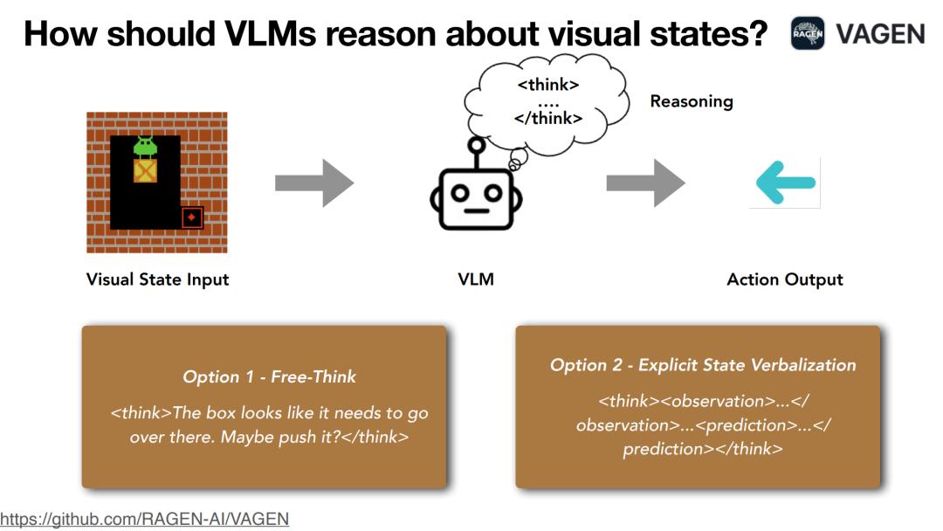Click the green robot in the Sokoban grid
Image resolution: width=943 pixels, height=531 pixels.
pyautogui.click(x=145, y=148)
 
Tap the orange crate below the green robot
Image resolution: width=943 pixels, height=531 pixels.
pyautogui.click(x=145, y=171)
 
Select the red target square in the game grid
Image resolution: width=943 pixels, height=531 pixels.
pyautogui.click(x=192, y=217)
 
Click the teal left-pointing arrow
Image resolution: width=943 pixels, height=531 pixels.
pyautogui.click(x=786, y=183)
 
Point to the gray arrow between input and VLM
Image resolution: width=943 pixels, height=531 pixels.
pyautogui.click(x=314, y=183)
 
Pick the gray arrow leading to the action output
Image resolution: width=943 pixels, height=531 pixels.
pyautogui.click(x=645, y=183)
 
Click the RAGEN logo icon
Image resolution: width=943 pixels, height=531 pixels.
pyautogui.click(x=808, y=34)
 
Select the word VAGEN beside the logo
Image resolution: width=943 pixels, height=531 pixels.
pyautogui.click(x=880, y=34)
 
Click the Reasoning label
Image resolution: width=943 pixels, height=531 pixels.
pyautogui.click(x=692, y=101)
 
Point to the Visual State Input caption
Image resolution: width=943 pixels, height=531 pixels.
pyautogui.click(x=157, y=279)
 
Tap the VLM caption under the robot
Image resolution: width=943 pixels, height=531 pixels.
pyautogui.click(x=476, y=279)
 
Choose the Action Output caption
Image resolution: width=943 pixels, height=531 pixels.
pyautogui.click(x=785, y=279)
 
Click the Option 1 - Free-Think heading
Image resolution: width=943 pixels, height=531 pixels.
pyautogui.click(x=270, y=376)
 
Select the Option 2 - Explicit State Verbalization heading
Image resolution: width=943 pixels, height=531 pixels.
pyautogui.click(x=703, y=365)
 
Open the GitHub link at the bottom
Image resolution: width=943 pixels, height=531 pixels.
pyautogui.click(x=144, y=519)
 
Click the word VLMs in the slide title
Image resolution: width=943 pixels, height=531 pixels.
pyautogui.click(x=270, y=34)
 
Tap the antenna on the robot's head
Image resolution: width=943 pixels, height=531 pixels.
pyautogui.click(x=477, y=153)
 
